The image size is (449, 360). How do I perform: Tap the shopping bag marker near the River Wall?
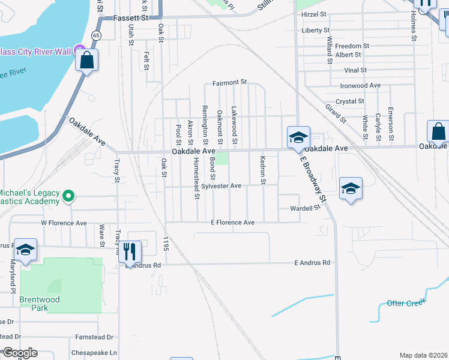coord(87,61)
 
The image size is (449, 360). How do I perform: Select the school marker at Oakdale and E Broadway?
coord(298,137)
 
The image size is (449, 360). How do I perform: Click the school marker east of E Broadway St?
coord(351,188)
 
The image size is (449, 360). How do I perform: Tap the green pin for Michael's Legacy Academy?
coord(68,195)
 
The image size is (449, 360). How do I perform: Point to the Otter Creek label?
coord(406,302)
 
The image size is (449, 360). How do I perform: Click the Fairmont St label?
coord(230,82)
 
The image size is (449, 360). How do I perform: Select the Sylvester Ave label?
coord(221,186)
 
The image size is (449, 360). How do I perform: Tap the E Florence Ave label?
coord(232,223)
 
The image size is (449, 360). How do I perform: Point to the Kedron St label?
coord(262,170)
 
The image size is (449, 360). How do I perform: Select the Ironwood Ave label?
coord(360,86)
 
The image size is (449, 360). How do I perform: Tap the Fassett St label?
coord(127,19)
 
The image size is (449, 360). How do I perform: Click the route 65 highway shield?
coord(96,36)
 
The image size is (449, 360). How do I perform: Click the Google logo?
coord(20,353)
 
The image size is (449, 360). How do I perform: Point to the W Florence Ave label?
coord(64,223)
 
